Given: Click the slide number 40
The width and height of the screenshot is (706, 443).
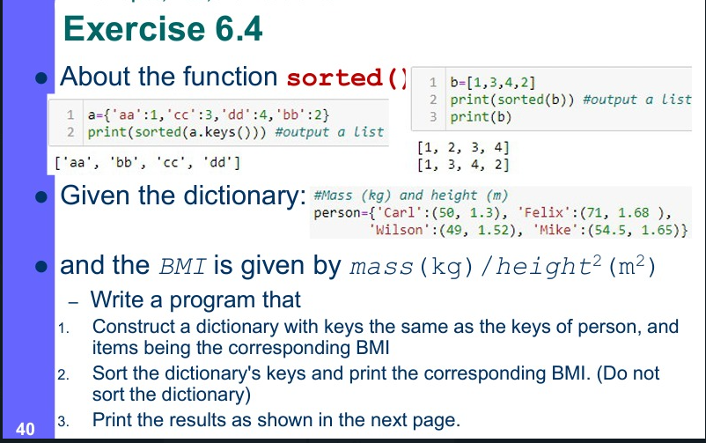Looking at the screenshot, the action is click(x=26, y=429).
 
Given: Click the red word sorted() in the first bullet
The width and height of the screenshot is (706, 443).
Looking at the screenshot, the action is click(x=347, y=78).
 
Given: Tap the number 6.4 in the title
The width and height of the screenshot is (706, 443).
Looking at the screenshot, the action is click(x=239, y=29).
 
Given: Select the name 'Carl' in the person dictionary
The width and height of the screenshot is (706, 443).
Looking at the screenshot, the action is click(x=395, y=212).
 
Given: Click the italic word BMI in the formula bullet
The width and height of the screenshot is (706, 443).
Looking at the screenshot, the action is click(x=182, y=266).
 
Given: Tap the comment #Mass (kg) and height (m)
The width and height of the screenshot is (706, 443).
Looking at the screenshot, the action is click(x=410, y=196).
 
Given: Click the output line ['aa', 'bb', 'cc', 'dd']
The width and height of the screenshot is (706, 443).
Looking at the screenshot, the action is click(x=147, y=162).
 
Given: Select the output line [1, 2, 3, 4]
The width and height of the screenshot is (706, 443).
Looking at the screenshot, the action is click(x=463, y=147).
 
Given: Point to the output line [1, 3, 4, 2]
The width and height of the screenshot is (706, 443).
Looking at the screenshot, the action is click(x=463, y=165).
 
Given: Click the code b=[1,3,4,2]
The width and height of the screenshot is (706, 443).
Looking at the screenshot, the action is click(x=493, y=83).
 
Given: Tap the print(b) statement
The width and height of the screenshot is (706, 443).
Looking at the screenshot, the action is click(x=481, y=117).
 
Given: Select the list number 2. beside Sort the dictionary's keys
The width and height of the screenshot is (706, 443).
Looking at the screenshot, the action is click(x=63, y=374).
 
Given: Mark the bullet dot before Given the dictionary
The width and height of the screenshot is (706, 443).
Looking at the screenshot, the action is click(x=41, y=197).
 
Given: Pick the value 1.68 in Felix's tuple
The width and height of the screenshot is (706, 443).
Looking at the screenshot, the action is click(x=634, y=212).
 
